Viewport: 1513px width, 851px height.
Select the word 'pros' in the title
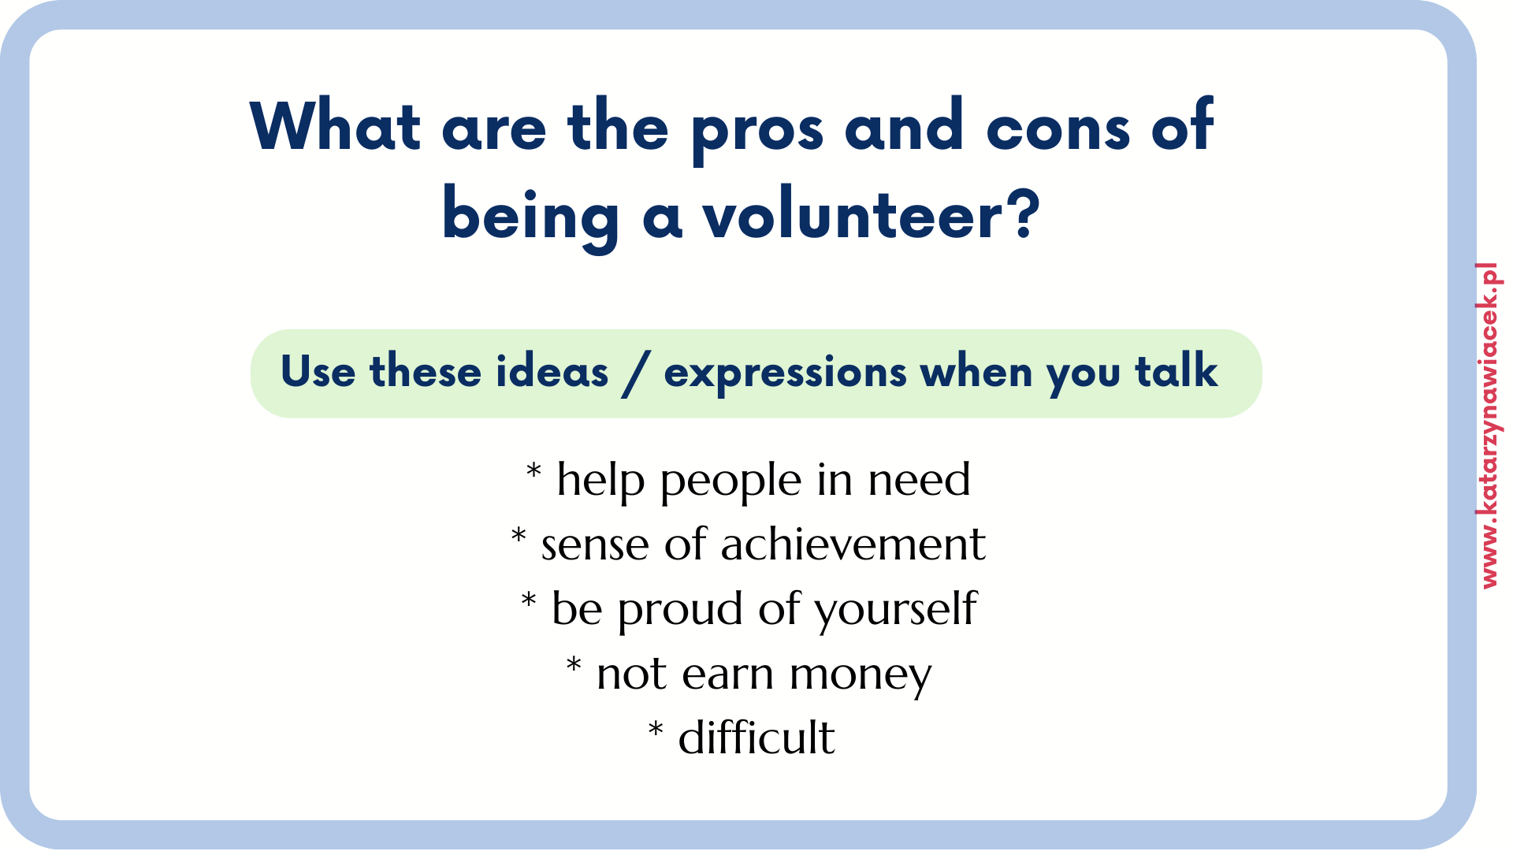pos(757,131)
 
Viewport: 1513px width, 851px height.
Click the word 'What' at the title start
pos(335,125)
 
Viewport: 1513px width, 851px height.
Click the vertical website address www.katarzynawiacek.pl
pos(1489,425)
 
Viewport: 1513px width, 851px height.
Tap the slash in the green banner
pos(636,373)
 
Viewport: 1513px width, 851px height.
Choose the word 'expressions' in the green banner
pos(785,373)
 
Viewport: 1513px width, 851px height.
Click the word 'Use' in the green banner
pos(318,371)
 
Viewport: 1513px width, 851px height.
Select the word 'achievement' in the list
pos(853,544)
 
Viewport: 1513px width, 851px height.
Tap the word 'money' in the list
pos(861,676)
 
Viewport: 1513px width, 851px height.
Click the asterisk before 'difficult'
pos(656,729)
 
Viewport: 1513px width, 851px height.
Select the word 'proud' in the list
pos(680,610)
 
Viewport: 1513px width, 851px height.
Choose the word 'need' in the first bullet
pos(919,479)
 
